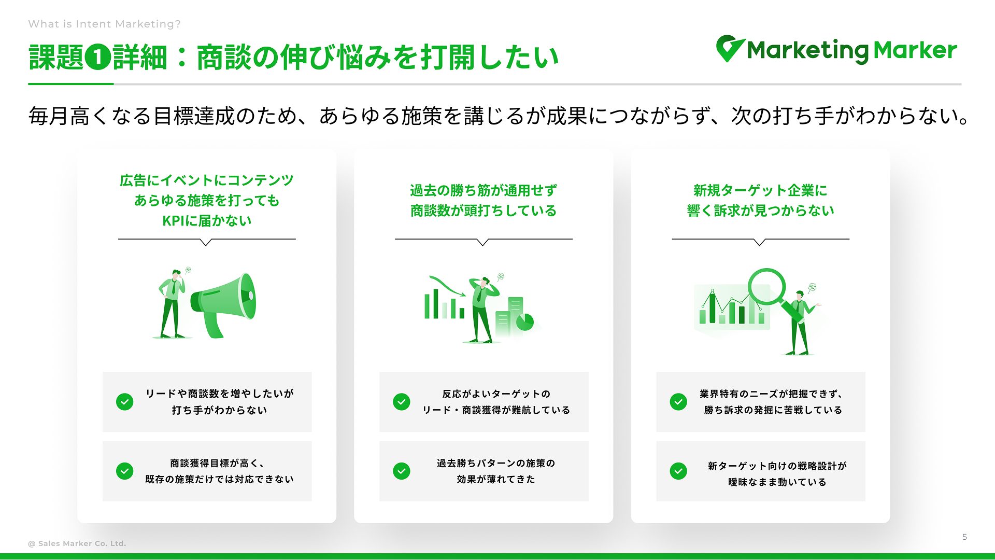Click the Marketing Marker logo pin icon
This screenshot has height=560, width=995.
coord(730,48)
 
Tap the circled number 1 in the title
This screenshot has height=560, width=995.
coord(98,57)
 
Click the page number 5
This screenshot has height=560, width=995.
coord(964,537)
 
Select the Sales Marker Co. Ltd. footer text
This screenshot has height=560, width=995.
coord(77,543)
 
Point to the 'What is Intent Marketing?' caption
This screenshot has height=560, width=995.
coord(105,24)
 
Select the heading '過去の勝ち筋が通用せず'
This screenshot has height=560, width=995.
coord(484,190)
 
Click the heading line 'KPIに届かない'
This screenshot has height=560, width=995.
coord(207,221)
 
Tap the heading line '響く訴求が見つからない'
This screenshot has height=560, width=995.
coord(760,211)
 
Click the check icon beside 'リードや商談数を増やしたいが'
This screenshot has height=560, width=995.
coord(125,402)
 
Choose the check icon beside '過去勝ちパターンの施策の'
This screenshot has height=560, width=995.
coord(402,471)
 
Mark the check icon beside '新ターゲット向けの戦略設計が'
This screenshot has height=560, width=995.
coord(678,471)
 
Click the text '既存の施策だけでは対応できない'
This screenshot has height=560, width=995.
coord(219,479)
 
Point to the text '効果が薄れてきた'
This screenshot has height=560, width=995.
coord(496,479)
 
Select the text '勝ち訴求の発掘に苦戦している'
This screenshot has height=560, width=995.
coord(773,410)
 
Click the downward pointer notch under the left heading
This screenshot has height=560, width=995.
coord(206,242)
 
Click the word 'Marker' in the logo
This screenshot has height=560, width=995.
coord(915,50)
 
